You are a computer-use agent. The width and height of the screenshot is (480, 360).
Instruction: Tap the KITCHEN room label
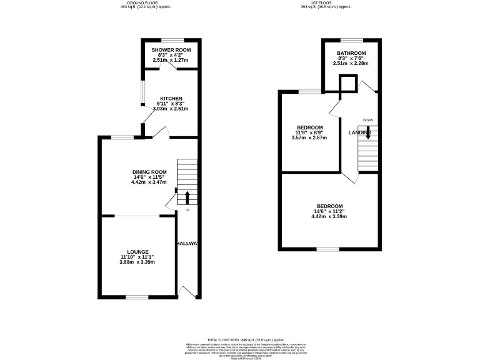tap(171, 99)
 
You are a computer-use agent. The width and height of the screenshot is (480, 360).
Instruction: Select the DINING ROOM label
tap(149, 172)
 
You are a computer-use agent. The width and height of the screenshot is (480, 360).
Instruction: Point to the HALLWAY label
tap(187, 244)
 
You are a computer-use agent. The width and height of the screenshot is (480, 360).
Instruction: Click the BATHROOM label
tap(351, 53)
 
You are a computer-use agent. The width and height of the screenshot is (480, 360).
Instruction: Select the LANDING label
tap(361, 133)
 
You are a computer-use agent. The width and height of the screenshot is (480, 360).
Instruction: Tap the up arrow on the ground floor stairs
tap(187, 198)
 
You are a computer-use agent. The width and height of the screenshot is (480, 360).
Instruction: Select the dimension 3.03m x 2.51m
tap(171, 109)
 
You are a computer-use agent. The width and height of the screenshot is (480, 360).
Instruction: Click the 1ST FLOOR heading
tap(327, 2)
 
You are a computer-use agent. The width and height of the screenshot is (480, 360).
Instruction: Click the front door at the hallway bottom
tap(186, 291)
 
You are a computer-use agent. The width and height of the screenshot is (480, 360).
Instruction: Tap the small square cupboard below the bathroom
tap(347, 84)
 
